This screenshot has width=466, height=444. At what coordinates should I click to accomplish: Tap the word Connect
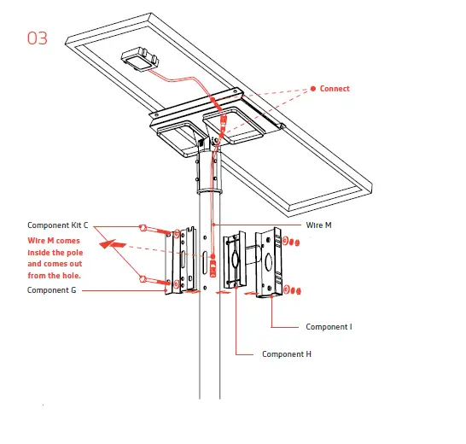coord(335,89)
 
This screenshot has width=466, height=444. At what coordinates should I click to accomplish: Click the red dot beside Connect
coord(312,89)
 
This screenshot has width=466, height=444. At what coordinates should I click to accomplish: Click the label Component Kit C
coord(57,225)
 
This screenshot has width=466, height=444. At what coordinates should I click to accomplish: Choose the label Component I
coord(329,326)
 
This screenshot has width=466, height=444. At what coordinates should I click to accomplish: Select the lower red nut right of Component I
coord(296,292)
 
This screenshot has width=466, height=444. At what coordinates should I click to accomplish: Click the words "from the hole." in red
coord(55,275)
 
